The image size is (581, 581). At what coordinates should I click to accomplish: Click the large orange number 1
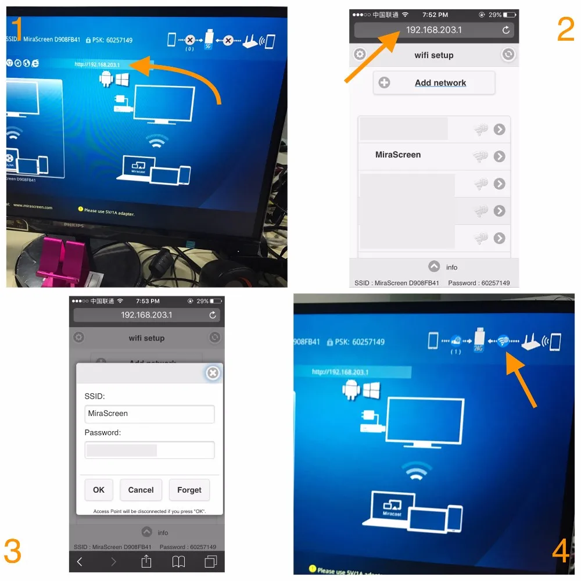(x=17, y=29)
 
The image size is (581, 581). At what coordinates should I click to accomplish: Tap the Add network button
(x=434, y=83)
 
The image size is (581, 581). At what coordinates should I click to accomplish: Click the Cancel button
(x=141, y=490)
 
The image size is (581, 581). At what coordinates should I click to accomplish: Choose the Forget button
(x=189, y=490)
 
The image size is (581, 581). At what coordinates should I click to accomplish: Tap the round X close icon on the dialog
(x=213, y=373)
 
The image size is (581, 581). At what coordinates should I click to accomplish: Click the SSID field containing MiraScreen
(x=149, y=414)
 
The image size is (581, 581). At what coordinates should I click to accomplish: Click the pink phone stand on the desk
(x=58, y=259)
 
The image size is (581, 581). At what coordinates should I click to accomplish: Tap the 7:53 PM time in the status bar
(x=147, y=302)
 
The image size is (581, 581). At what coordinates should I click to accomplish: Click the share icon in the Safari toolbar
(x=146, y=561)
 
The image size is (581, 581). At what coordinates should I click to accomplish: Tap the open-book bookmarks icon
(x=178, y=561)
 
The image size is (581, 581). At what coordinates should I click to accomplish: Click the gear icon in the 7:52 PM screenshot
(x=360, y=55)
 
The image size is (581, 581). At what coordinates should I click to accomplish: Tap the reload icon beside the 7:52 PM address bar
(x=506, y=30)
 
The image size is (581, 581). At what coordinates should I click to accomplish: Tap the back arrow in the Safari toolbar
(x=80, y=561)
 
